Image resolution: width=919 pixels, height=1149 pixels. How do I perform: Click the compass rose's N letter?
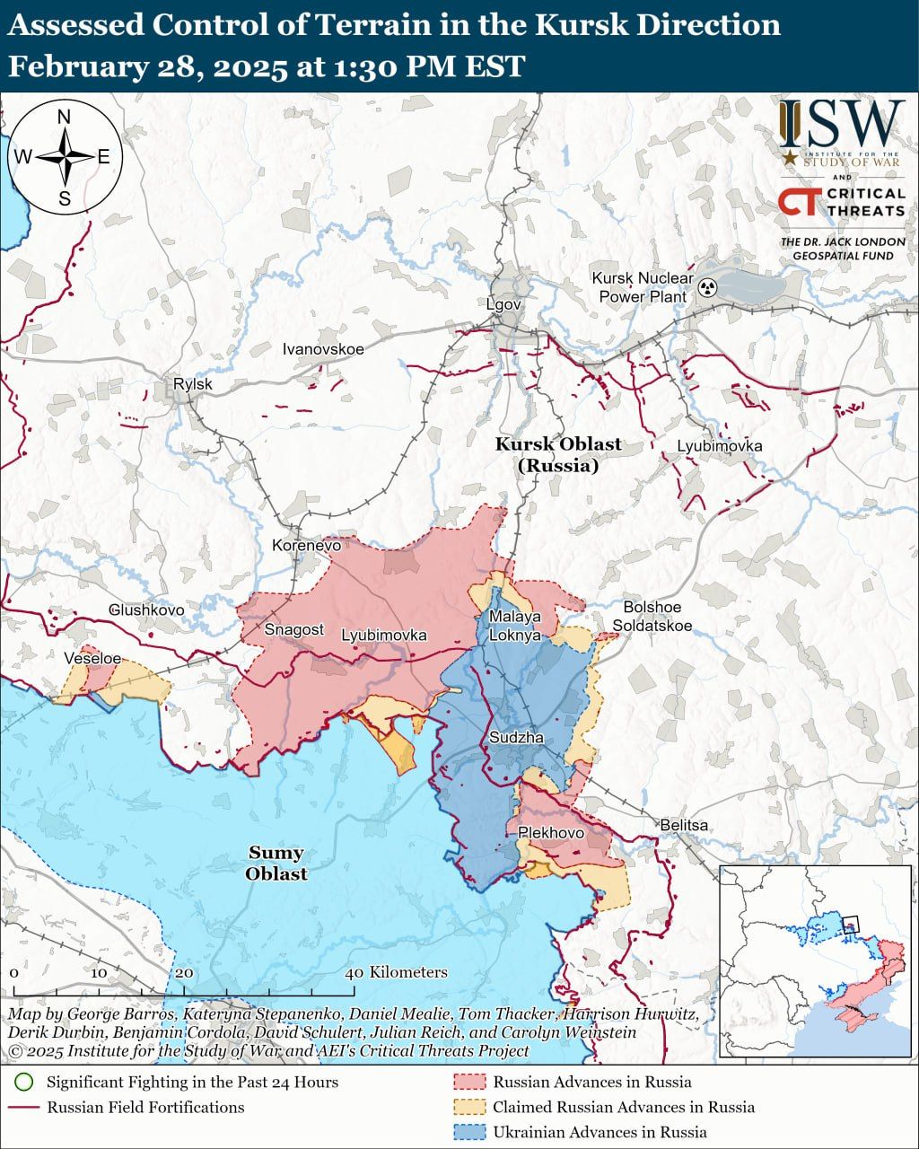pyautogui.click(x=64, y=117)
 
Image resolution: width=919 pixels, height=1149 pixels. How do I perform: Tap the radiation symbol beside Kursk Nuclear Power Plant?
pyautogui.click(x=708, y=288)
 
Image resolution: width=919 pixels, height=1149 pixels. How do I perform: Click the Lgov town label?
pyautogui.click(x=503, y=304)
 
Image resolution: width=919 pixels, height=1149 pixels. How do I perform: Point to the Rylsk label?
pyautogui.click(x=193, y=384)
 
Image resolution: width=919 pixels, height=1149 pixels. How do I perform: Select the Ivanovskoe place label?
pyautogui.click(x=323, y=348)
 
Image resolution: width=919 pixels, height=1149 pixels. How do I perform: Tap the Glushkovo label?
pyautogui.click(x=146, y=610)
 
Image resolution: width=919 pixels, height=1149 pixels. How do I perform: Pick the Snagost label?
pyautogui.click(x=293, y=629)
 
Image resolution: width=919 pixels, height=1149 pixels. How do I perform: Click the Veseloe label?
pyautogui.click(x=92, y=658)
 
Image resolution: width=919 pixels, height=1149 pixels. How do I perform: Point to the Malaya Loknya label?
pyautogui.click(x=514, y=626)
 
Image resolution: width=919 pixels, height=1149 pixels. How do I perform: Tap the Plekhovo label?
pyautogui.click(x=551, y=833)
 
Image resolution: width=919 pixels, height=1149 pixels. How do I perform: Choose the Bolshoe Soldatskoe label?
pyautogui.click(x=652, y=617)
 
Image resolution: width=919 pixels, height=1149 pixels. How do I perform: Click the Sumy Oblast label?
pyautogui.click(x=276, y=863)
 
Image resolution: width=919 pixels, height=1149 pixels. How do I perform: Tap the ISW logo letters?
pyautogui.click(x=842, y=125)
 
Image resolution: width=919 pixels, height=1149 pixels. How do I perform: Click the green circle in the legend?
pyautogui.click(x=25, y=1082)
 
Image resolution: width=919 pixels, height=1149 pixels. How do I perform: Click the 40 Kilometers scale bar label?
pyautogui.click(x=397, y=972)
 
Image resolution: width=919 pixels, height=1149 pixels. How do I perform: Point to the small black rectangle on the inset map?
pyautogui.click(x=850, y=923)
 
